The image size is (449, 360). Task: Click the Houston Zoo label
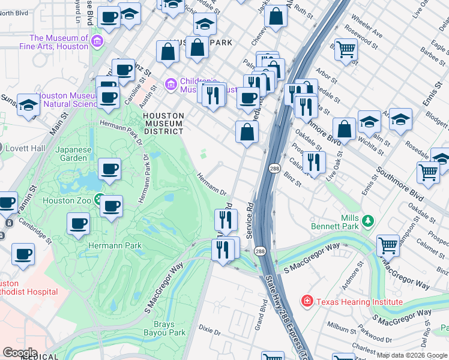tap(67, 200)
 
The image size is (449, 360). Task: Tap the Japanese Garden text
tap(78, 154)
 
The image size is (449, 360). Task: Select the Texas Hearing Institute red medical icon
tap(307, 302)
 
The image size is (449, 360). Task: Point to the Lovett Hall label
tap(25, 148)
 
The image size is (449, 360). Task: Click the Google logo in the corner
tap(19, 353)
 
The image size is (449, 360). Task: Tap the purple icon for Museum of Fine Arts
tap(98, 42)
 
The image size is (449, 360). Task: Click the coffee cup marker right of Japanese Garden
tap(109, 170)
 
